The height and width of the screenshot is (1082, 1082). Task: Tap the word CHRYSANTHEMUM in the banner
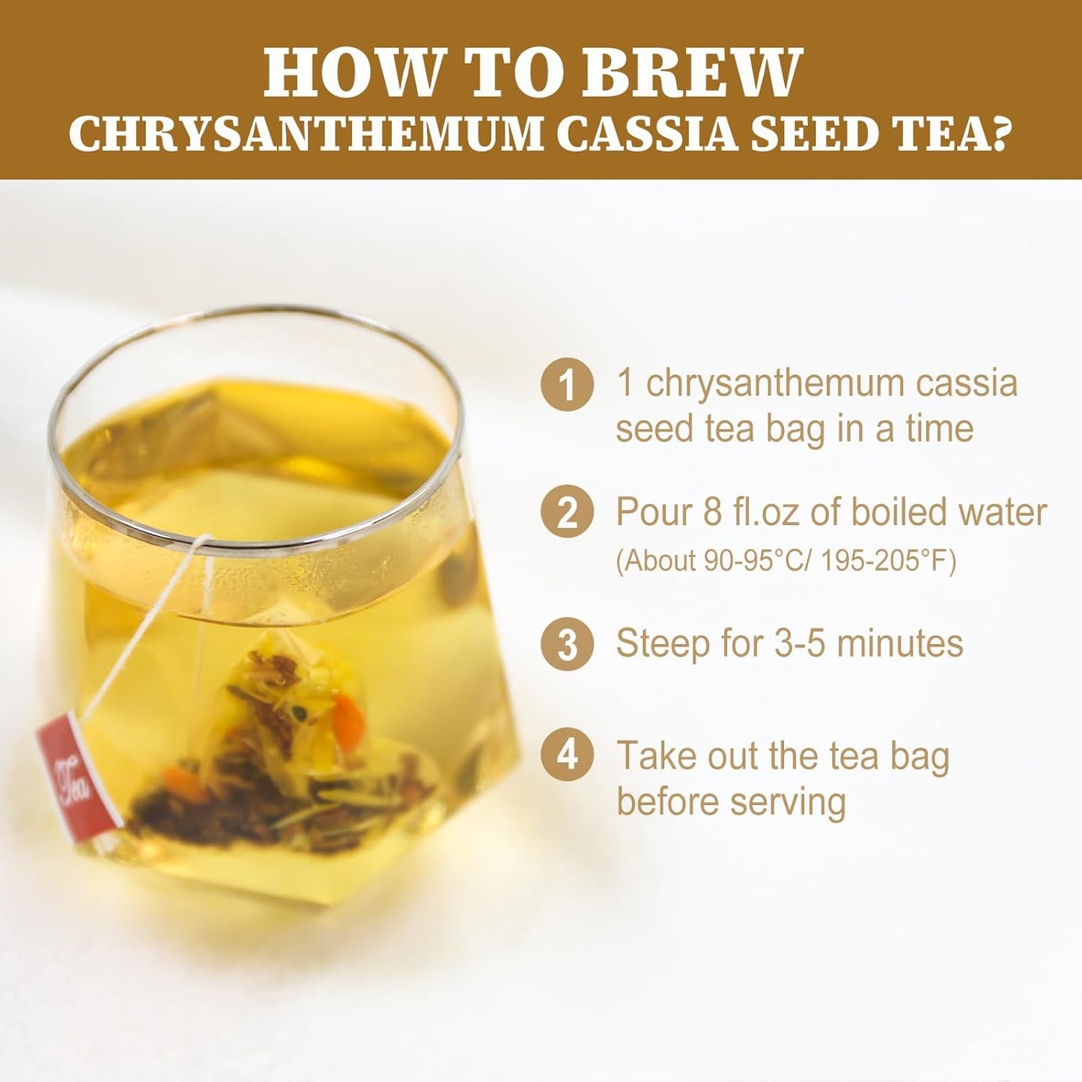tap(305, 135)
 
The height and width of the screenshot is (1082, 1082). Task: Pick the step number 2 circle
tap(568, 514)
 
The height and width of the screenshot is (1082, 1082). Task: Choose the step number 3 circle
tap(568, 644)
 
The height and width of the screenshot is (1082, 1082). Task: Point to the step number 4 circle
tap(568, 755)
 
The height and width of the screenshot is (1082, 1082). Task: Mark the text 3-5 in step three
tap(801, 643)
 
